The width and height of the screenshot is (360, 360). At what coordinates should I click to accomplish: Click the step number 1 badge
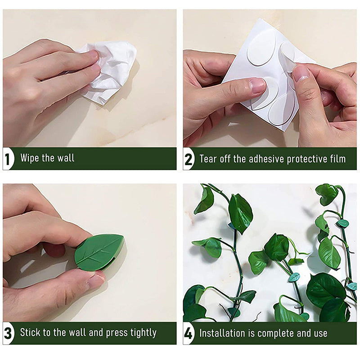click(x=8, y=159)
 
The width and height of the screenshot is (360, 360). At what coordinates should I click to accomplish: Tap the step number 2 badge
click(x=188, y=159)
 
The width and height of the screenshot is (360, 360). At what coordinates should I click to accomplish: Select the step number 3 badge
click(x=8, y=333)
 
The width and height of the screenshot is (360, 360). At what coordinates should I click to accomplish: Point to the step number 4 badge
click(x=188, y=333)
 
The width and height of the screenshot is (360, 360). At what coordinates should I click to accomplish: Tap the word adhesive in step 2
click(x=267, y=159)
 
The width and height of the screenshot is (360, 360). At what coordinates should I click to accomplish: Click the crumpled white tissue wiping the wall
click(x=108, y=71)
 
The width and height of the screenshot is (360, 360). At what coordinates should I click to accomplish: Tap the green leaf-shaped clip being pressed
click(x=99, y=252)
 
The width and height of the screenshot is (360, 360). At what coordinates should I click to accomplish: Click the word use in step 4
click(x=321, y=333)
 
